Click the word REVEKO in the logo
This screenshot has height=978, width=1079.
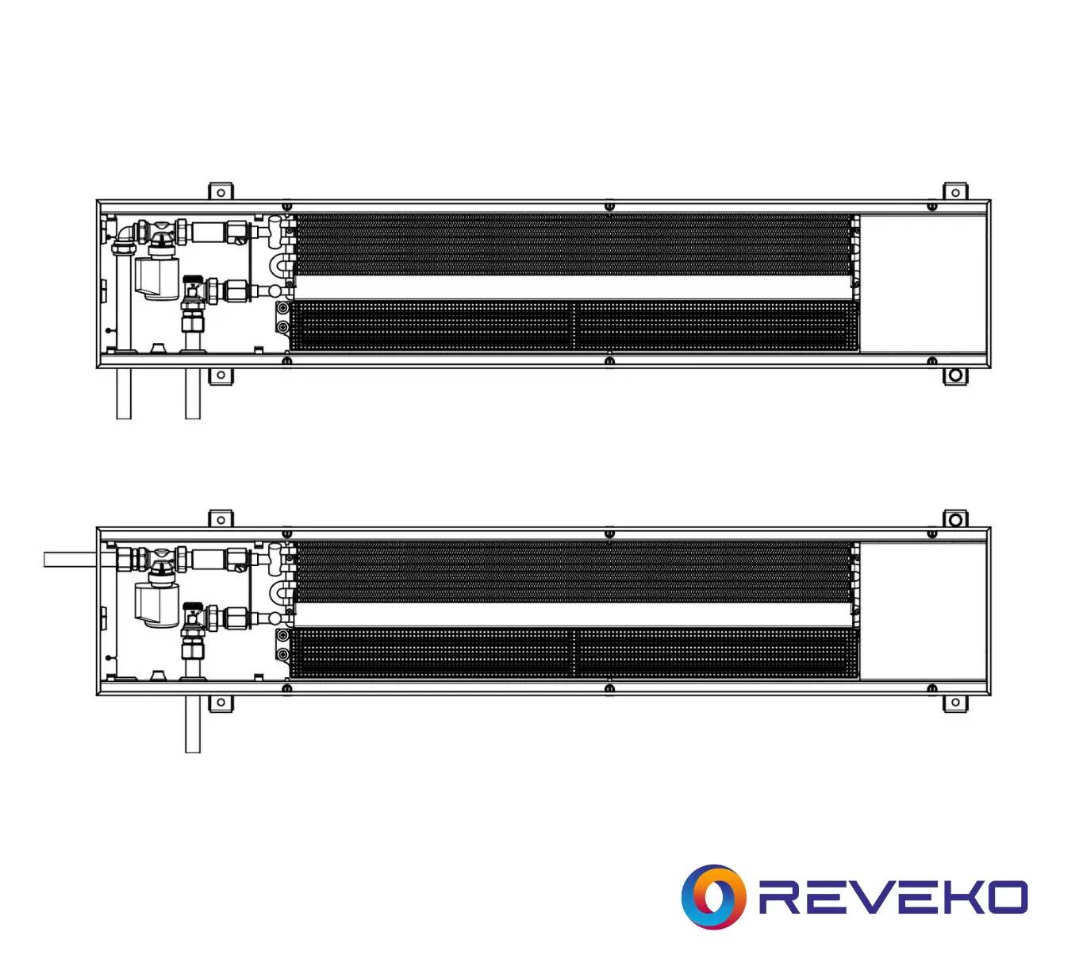pyautogui.click(x=893, y=897)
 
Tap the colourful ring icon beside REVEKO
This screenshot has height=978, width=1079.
pyautogui.click(x=713, y=897)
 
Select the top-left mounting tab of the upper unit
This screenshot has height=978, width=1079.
pyautogui.click(x=221, y=191)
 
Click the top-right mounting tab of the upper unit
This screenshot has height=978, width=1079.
pyautogui.click(x=955, y=191)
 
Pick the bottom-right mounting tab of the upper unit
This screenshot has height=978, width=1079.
pyautogui.click(x=955, y=375)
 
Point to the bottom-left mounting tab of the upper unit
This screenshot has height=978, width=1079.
pyautogui.click(x=221, y=375)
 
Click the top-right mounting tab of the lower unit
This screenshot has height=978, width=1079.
pyautogui.click(x=955, y=519)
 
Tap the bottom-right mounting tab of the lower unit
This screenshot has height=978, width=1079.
pyautogui.click(x=955, y=703)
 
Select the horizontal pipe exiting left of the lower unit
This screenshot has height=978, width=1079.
pyautogui.click(x=71, y=560)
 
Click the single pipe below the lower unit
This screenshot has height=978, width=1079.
pyautogui.click(x=192, y=724)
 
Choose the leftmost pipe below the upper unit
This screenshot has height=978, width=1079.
pyautogui.click(x=124, y=394)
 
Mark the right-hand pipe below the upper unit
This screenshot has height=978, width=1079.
pyautogui.click(x=192, y=394)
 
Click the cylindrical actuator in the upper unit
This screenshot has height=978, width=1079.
pyautogui.click(x=156, y=277)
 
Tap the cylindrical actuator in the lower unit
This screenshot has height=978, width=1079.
pyautogui.click(x=156, y=605)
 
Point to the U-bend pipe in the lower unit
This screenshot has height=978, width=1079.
pyautogui.click(x=281, y=591)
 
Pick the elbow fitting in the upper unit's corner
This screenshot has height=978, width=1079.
pyautogui.click(x=125, y=233)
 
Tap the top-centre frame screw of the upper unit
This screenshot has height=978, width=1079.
pyautogui.click(x=609, y=206)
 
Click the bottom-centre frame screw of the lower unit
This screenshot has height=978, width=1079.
pyautogui.click(x=609, y=688)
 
